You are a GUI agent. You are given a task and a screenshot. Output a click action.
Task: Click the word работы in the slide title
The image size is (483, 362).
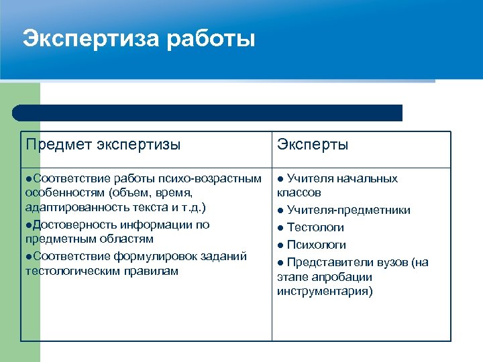[211, 39]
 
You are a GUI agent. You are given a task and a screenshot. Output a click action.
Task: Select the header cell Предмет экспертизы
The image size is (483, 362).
[103, 144]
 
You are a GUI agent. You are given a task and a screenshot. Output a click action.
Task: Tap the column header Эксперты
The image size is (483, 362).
[313, 145]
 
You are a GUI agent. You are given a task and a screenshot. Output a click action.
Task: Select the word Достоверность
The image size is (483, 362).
[69, 225]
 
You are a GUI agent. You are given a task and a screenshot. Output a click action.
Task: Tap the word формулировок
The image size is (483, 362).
[170, 256]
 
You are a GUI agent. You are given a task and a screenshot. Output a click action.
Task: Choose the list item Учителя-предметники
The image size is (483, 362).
[349, 210]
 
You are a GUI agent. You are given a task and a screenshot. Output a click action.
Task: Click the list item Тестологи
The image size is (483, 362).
[315, 228]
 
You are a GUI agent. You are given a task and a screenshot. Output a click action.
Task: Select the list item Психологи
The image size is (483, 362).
[316, 245]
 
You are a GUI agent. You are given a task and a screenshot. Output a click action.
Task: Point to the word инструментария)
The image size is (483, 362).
[325, 292]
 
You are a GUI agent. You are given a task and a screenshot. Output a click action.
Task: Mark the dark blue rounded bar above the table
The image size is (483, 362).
[207, 113]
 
